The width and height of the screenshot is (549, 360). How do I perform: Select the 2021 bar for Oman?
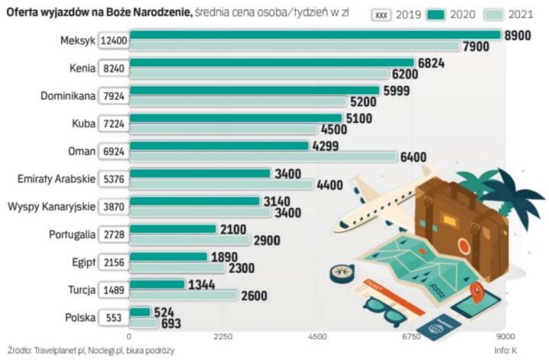[263, 157]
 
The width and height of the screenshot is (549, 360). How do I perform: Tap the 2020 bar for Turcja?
[156, 284]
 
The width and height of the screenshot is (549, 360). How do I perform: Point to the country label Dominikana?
[66, 95]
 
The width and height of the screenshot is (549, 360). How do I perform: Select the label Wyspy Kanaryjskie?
[50, 206]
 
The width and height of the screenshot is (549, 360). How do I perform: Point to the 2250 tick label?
[223, 336]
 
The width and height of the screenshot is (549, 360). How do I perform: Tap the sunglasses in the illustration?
[390, 310]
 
